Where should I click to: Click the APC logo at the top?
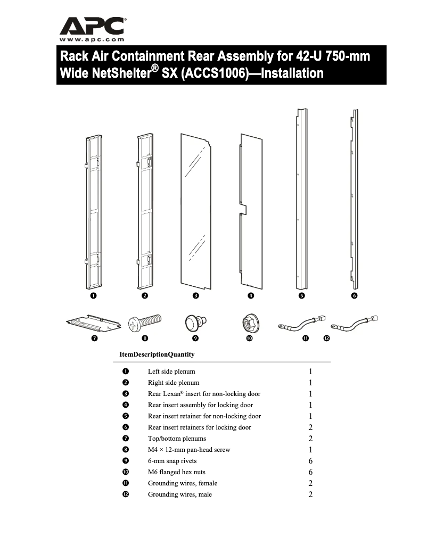click(x=92, y=26)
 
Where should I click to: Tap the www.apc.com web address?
click(x=92, y=39)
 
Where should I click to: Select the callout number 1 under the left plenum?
click(x=93, y=295)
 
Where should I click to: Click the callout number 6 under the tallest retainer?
click(x=354, y=295)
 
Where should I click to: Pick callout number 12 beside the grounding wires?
click(x=326, y=338)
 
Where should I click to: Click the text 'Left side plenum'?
click(x=171, y=372)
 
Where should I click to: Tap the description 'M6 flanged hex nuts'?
click(x=176, y=472)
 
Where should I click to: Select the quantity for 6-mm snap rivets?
click(x=310, y=461)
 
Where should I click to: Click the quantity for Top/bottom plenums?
click(x=310, y=439)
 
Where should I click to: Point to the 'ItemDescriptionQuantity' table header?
click(x=157, y=354)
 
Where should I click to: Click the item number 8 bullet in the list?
click(x=125, y=450)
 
